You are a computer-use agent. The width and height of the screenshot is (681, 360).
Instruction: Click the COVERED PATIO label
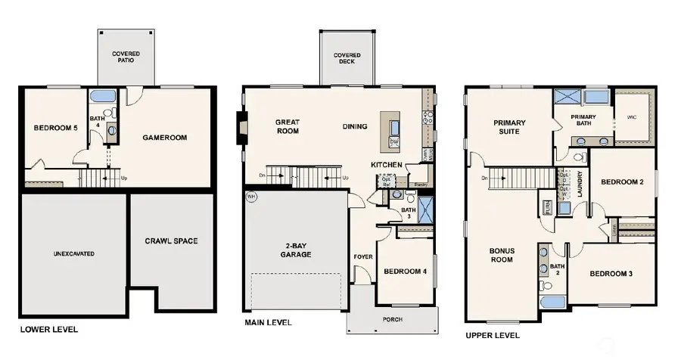pos(125,57)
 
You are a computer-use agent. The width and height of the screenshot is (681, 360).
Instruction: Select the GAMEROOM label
pos(164,138)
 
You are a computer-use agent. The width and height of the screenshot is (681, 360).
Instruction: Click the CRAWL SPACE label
pos(171,241)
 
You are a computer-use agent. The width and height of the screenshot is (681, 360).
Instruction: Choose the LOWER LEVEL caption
pos(48,330)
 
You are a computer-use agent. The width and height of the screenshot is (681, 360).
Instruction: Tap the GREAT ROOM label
pos(288,126)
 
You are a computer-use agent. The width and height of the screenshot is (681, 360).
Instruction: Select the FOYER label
pos(363,257)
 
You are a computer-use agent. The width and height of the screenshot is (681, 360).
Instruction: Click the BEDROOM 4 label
pos(406,272)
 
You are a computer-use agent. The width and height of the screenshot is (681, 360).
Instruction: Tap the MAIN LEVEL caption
pos(268,322)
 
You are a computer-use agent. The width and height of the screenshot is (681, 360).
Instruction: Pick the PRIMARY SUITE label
pos(509,126)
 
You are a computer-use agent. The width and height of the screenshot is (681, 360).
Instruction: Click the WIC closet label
pos(633,117)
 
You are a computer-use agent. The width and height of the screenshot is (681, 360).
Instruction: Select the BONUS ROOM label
pos(501,254)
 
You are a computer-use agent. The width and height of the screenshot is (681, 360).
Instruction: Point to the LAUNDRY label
pos(579,183)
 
